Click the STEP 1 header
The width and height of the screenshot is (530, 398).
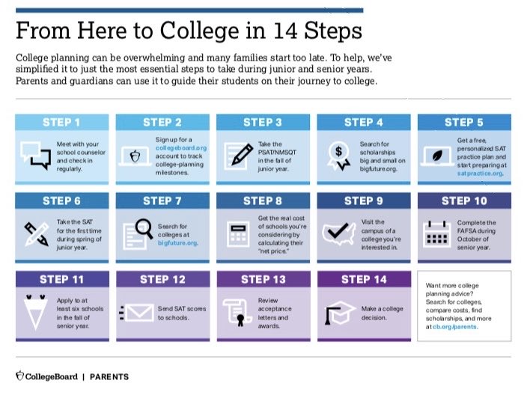click(63, 122)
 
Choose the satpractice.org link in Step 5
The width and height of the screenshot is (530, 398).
click(480, 173)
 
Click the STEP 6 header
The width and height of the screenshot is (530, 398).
click(63, 200)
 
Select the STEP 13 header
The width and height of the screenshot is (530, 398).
click(263, 279)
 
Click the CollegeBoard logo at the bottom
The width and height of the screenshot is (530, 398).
click(46, 376)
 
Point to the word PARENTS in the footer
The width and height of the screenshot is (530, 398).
click(109, 376)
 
